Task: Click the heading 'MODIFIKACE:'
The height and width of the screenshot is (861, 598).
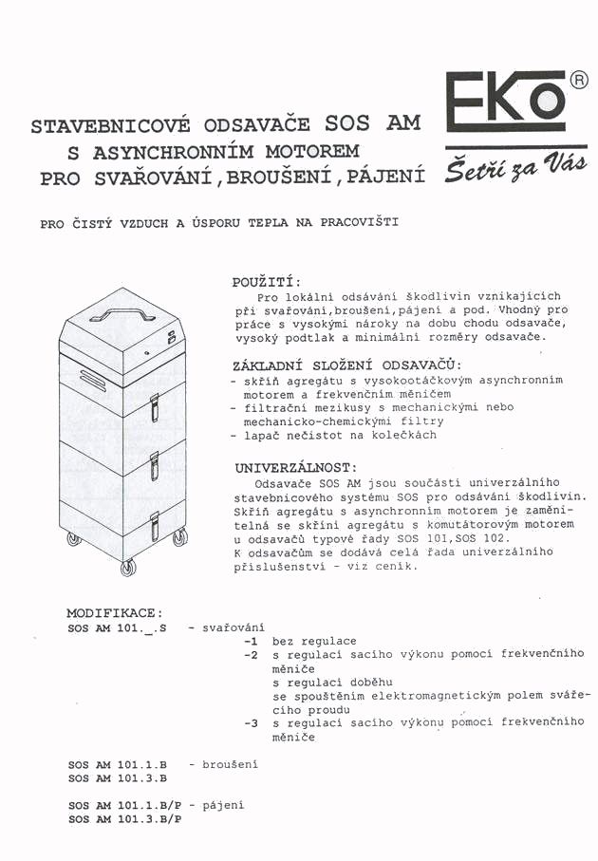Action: click(114, 613)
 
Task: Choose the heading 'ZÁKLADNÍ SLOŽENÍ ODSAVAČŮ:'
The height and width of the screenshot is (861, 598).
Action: click(347, 365)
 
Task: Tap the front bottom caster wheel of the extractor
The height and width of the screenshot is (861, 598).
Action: click(128, 567)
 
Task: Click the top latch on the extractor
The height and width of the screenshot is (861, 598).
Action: click(155, 405)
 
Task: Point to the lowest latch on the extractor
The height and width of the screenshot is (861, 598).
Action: click(155, 524)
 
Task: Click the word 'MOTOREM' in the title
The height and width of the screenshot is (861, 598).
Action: click(305, 152)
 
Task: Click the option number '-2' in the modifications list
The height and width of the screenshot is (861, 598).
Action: click(251, 655)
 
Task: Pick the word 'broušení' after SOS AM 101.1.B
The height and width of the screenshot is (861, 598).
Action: click(231, 763)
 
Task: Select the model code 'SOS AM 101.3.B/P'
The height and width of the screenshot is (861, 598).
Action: click(124, 818)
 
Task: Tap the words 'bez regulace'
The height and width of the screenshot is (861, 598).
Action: click(314, 642)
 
